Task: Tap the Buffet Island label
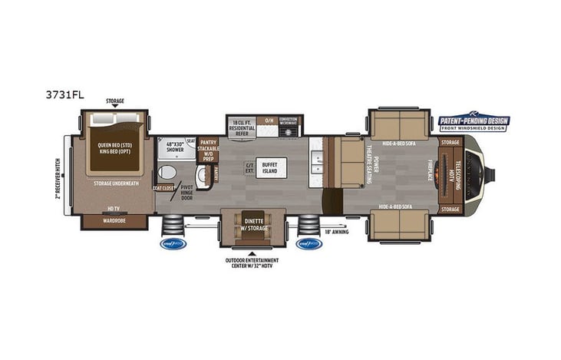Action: click(x=271, y=167)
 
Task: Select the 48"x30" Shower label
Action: click(x=170, y=146)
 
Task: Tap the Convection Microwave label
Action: click(x=289, y=121)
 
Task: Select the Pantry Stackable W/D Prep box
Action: click(x=208, y=149)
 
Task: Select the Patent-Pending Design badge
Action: click(x=474, y=123)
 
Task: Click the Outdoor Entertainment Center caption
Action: click(x=251, y=263)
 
